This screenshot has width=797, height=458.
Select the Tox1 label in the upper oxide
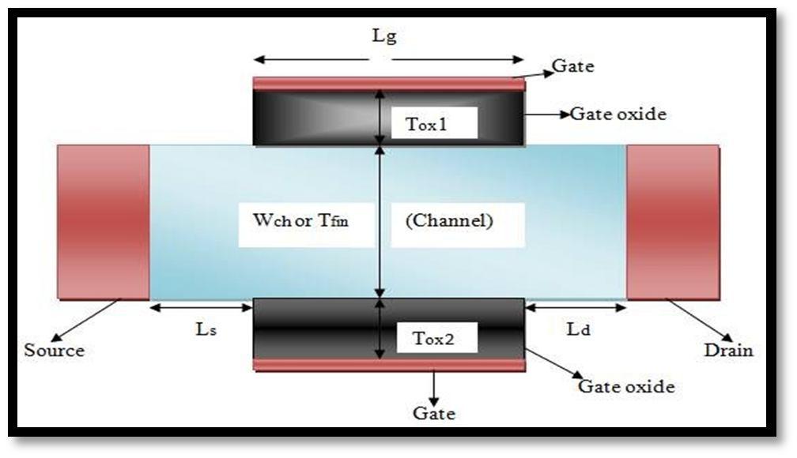(426, 124)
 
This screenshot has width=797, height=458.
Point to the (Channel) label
(448, 221)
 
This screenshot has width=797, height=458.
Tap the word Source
(54, 350)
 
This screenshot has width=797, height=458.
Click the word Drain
(728, 350)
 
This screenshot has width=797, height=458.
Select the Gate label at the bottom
(434, 412)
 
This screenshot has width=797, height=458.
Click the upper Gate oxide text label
(618, 114)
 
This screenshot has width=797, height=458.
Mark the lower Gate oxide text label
(625, 387)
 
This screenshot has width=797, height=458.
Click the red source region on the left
(103, 222)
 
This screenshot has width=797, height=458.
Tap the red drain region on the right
(673, 222)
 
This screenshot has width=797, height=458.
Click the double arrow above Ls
(201, 306)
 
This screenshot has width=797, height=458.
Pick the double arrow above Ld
(576, 306)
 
